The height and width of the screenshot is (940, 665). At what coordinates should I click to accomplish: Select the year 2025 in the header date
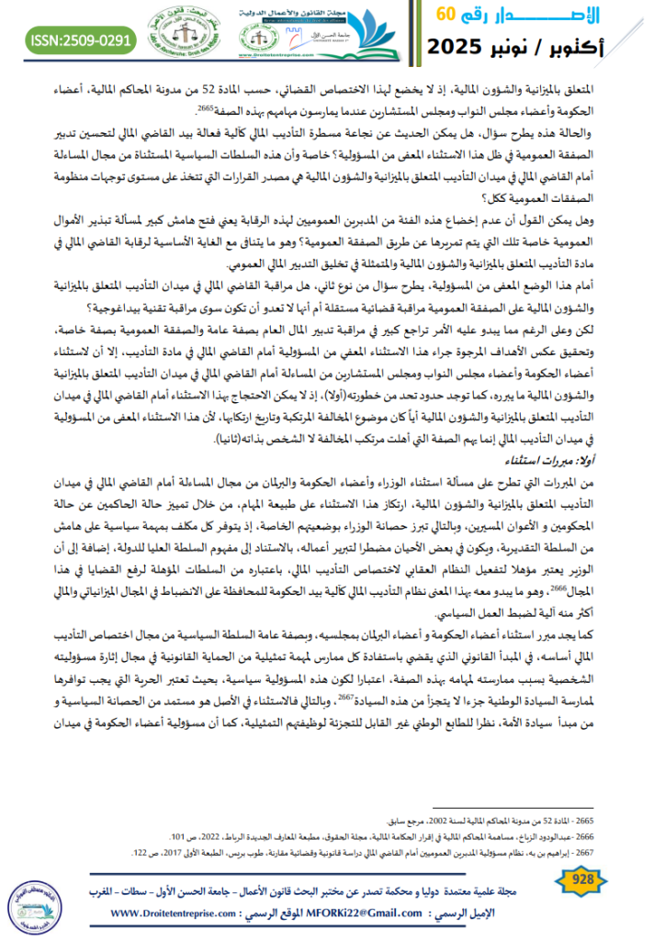click(468, 42)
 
